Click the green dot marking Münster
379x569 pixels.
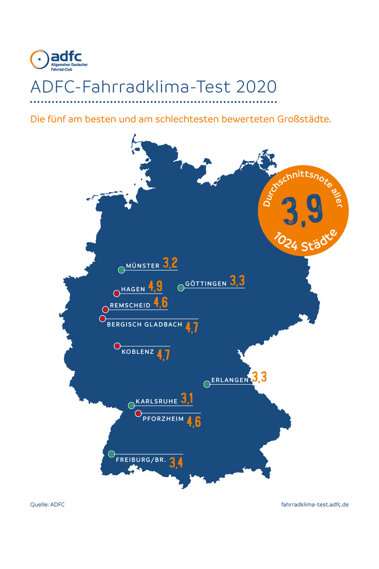coord(122,270)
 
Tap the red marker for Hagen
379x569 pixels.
coord(117,293)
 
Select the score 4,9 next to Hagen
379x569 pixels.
coord(156,286)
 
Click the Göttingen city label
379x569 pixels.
coord(206,284)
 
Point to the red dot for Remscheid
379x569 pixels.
coord(105,310)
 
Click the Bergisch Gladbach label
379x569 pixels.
coord(144,324)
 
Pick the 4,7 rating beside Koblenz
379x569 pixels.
coord(163,354)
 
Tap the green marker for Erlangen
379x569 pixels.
coord(207,384)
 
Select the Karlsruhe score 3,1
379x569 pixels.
coord(187,398)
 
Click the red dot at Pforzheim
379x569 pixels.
coord(138,413)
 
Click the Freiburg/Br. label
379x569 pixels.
coord(141,460)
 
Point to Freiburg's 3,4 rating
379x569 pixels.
coord(176,462)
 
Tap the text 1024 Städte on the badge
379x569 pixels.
coord(305,242)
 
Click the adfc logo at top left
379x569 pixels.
coord(58,60)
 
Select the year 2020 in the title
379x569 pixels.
coord(256,87)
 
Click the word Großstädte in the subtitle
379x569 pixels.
coord(304,119)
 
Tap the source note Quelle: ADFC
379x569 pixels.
coord(47,505)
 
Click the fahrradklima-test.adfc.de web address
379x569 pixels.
coord(315,505)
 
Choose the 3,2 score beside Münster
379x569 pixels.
coord(170,263)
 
